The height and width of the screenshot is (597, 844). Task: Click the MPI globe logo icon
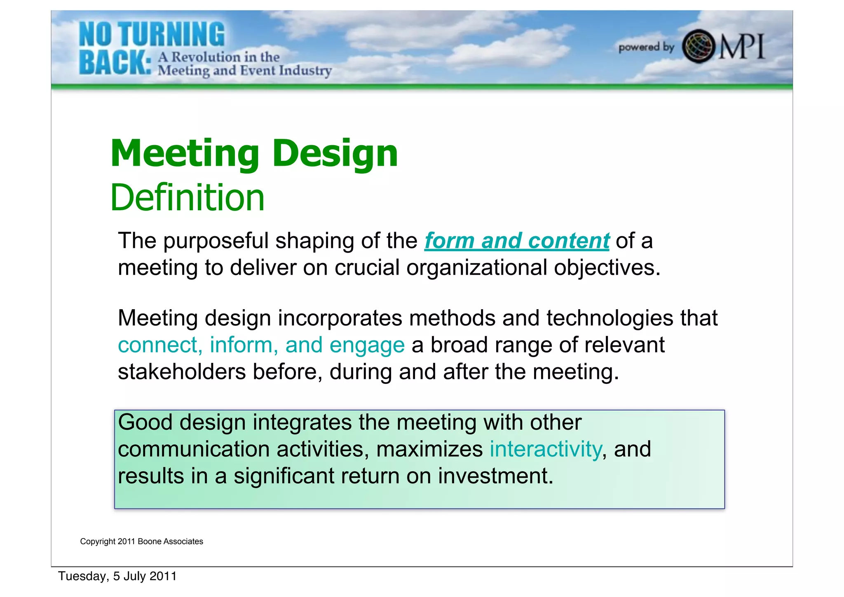[x=698, y=46]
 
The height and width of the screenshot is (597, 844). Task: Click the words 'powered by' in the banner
[x=646, y=47]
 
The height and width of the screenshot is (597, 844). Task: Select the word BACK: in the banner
[x=115, y=63]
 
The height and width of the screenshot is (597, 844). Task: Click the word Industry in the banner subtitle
[x=305, y=71]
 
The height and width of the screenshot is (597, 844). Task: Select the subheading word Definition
[x=188, y=197]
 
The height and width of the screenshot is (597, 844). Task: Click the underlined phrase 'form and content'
[x=517, y=241]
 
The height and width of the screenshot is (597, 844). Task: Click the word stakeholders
[x=182, y=372]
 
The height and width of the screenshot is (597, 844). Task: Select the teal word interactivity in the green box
[x=546, y=449]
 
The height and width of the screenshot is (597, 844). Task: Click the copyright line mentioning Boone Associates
[x=141, y=541]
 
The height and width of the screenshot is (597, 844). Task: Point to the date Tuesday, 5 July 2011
[x=117, y=576]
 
